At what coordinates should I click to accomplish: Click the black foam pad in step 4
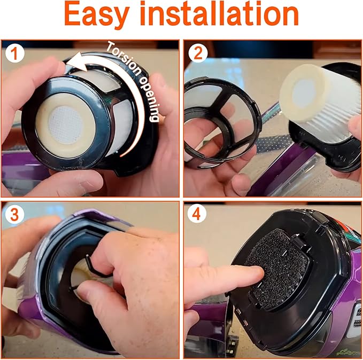click(x=273, y=278)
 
